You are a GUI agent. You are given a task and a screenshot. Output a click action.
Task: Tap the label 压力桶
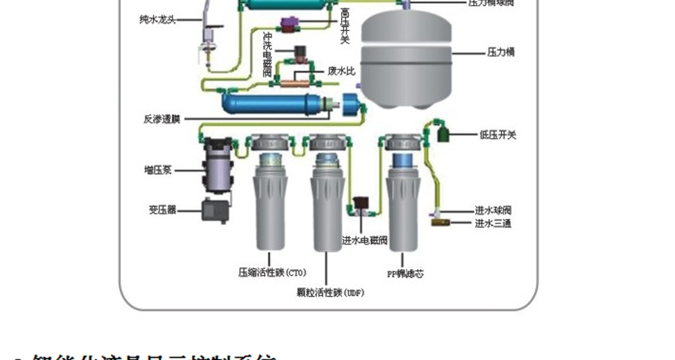(x=501, y=52)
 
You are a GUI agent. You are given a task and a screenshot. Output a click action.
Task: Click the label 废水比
(x=341, y=70)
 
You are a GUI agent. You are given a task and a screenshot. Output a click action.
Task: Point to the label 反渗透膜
(x=161, y=118)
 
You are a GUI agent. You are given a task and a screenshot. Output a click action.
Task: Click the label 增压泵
(x=158, y=170)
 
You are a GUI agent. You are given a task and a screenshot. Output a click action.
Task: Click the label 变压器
(x=162, y=210)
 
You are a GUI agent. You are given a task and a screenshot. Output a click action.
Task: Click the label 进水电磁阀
(x=364, y=241)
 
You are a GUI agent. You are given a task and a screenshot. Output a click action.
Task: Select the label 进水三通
(x=493, y=223)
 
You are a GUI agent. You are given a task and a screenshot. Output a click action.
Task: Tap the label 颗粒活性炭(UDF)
(x=331, y=292)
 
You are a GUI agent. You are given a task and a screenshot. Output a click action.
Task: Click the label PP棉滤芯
(x=405, y=274)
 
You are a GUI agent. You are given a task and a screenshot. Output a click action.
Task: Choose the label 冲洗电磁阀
(x=268, y=53)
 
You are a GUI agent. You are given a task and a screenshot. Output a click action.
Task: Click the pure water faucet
(x=205, y=34)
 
